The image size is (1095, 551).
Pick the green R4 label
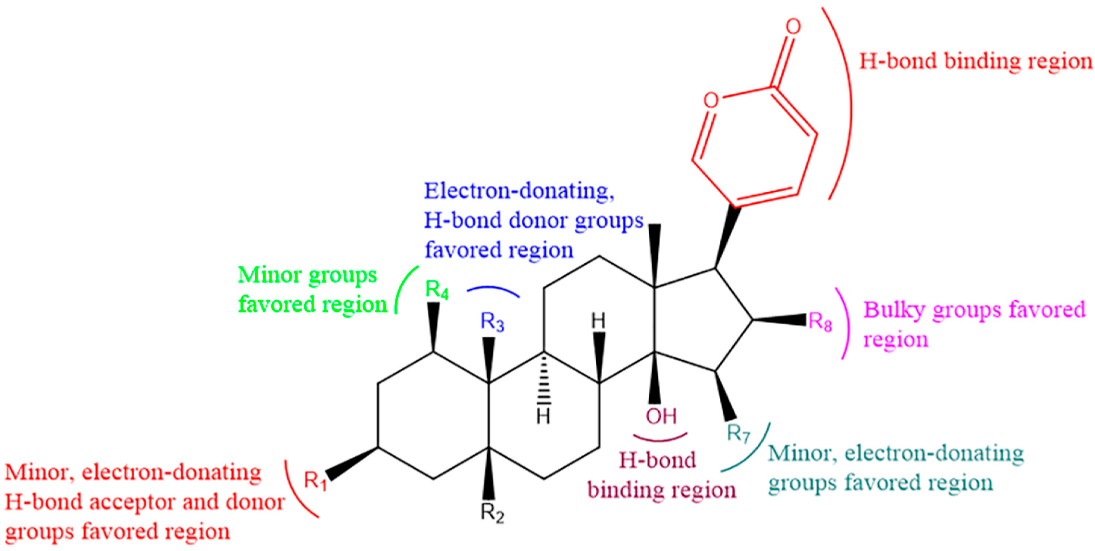point(437,290)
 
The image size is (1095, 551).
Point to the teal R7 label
point(739,433)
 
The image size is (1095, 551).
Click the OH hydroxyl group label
point(661,416)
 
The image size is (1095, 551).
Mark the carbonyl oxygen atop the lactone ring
point(793,27)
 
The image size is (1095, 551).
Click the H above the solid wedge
point(599,322)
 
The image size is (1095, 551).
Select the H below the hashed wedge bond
point(543,416)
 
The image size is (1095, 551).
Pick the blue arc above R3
point(493,290)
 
